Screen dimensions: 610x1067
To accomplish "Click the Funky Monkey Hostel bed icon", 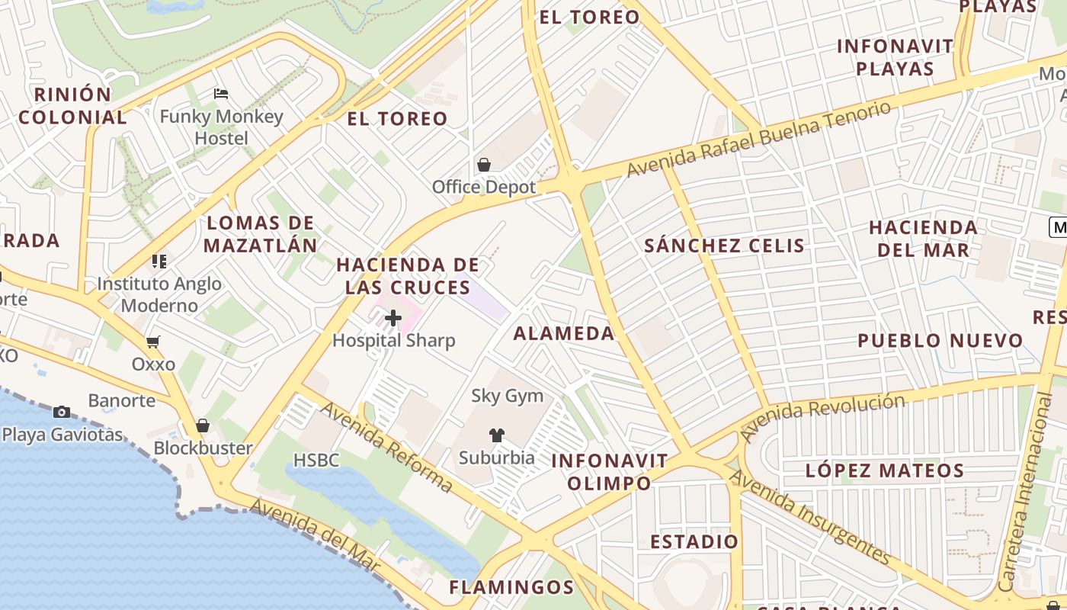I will tap(221, 94).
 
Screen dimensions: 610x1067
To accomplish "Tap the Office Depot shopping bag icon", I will tap(483, 165).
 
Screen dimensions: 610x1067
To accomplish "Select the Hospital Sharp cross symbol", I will tap(393, 317).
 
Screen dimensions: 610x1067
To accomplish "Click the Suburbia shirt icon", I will tap(496, 435).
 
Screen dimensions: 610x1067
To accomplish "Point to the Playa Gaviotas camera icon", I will tap(62, 413).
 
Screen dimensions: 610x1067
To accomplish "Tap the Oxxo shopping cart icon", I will tap(153, 342).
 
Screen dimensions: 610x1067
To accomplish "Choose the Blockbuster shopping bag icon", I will tap(203, 425).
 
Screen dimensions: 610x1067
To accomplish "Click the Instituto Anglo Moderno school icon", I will tap(159, 262).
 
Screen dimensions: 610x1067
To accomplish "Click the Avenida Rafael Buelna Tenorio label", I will tap(758, 139).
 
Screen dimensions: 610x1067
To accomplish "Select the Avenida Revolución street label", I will tap(823, 417).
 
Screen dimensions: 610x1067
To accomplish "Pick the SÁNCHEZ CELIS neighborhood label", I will tap(724, 246).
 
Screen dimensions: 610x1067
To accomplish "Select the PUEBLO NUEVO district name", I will tap(940, 341).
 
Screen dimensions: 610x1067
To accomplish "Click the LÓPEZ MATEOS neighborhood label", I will tap(885, 470).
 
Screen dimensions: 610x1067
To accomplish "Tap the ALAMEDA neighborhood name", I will tap(563, 333).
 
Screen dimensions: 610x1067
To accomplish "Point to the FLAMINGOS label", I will tap(511, 587).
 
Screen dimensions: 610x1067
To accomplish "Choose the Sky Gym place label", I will tap(507, 396).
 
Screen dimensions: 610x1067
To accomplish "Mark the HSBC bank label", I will tap(316, 460).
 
